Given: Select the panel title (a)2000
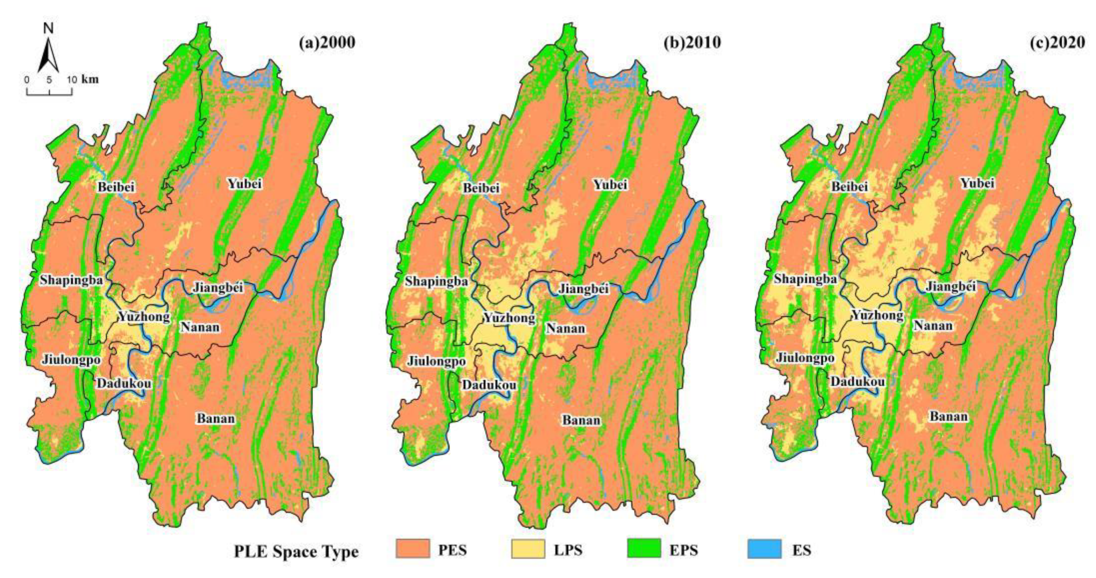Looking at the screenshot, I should pyautogui.click(x=327, y=43).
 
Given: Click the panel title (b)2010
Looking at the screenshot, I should pyautogui.click(x=692, y=43).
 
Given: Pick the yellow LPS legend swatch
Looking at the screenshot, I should pyautogui.click(x=528, y=549).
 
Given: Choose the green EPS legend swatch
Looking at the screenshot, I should pyautogui.click(x=644, y=549).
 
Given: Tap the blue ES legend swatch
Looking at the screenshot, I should pyautogui.click(x=764, y=549).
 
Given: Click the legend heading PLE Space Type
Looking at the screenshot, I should pyautogui.click(x=296, y=552).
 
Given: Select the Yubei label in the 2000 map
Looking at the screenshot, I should pyautogui.click(x=244, y=184).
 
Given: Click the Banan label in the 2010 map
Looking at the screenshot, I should pyautogui.click(x=581, y=420).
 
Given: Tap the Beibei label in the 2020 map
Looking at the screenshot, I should pyautogui.click(x=850, y=187).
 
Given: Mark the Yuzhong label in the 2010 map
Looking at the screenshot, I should pyautogui.click(x=509, y=318).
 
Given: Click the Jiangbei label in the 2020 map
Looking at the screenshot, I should pyautogui.click(x=951, y=287).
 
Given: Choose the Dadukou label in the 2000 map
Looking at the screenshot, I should pyautogui.click(x=124, y=383).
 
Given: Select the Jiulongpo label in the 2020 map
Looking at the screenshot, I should pyautogui.click(x=805, y=358).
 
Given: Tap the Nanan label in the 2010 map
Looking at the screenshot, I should pyautogui.click(x=565, y=328).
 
